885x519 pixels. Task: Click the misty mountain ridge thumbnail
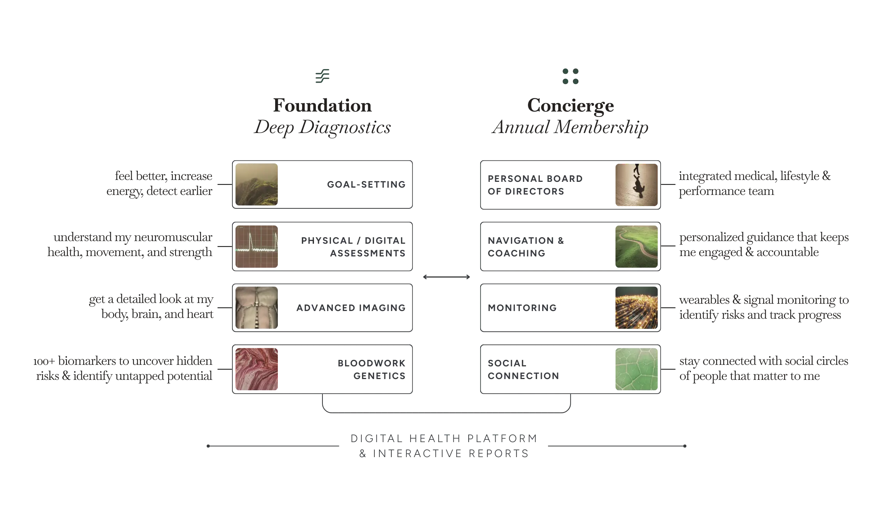tap(257, 185)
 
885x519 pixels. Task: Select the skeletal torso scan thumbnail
tap(257, 308)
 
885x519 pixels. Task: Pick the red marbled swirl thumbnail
tap(257, 369)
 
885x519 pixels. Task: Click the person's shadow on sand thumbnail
tap(636, 185)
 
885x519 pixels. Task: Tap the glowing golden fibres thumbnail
tap(636, 308)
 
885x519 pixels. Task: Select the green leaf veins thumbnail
tap(636, 369)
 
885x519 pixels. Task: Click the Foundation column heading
tap(322, 105)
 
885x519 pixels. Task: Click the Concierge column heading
tap(571, 105)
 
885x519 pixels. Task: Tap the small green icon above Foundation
tap(322, 76)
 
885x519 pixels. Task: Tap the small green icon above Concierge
tap(570, 77)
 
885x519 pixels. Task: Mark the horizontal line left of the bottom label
tap(273, 446)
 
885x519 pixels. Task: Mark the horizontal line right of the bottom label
tap(616, 446)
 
